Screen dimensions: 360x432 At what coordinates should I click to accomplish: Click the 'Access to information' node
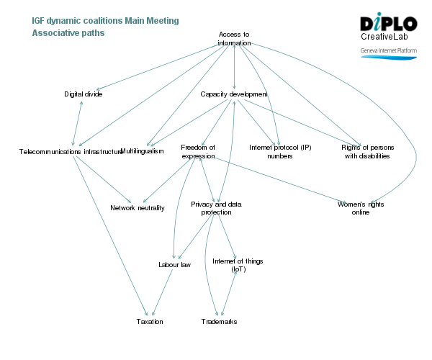click(x=234, y=39)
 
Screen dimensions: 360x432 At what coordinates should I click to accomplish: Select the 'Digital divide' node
click(x=83, y=94)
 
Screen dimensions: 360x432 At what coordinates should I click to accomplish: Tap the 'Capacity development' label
click(x=234, y=94)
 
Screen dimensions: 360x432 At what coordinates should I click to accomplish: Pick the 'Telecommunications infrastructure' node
click(x=71, y=152)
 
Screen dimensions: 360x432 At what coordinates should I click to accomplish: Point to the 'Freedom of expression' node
click(x=198, y=151)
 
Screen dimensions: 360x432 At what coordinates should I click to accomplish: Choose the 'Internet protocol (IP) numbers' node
click(x=280, y=151)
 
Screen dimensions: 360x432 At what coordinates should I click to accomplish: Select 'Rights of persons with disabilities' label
click(x=366, y=151)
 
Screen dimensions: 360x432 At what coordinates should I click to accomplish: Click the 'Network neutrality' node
click(x=138, y=208)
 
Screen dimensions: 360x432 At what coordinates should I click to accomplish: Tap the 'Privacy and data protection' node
click(x=216, y=208)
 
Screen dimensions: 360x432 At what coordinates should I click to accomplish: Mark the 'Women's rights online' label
click(x=361, y=208)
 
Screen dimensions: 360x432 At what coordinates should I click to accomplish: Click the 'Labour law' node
click(x=174, y=265)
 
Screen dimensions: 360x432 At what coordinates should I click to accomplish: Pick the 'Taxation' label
click(x=150, y=321)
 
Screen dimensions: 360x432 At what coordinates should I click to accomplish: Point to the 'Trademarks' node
click(x=219, y=321)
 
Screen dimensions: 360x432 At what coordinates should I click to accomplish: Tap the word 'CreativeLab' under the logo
click(x=386, y=37)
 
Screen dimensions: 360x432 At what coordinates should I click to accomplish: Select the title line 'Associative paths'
click(x=68, y=33)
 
